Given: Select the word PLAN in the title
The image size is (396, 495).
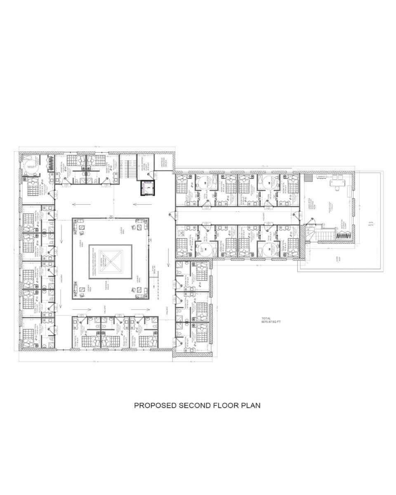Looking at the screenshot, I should pyautogui.click(x=251, y=405).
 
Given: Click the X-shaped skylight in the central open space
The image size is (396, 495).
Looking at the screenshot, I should pyautogui.click(x=111, y=261).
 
